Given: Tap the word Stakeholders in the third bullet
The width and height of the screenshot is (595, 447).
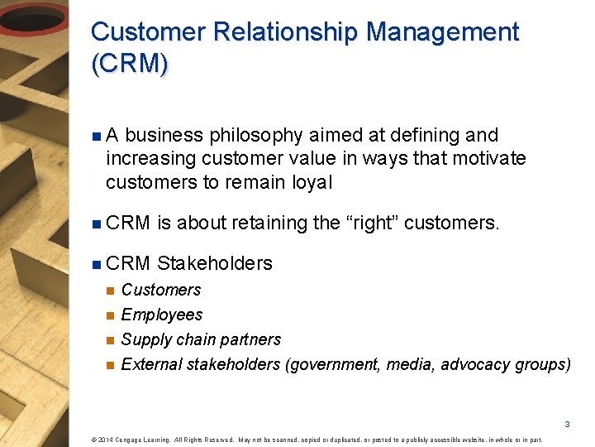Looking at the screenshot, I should (x=214, y=263).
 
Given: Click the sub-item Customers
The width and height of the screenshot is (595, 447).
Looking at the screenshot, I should (x=160, y=290).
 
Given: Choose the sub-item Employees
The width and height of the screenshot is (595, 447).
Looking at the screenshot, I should (x=161, y=315).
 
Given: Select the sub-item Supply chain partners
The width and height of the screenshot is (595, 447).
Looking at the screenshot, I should (x=201, y=339).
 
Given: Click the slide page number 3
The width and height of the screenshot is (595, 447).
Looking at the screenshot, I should (x=568, y=424).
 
